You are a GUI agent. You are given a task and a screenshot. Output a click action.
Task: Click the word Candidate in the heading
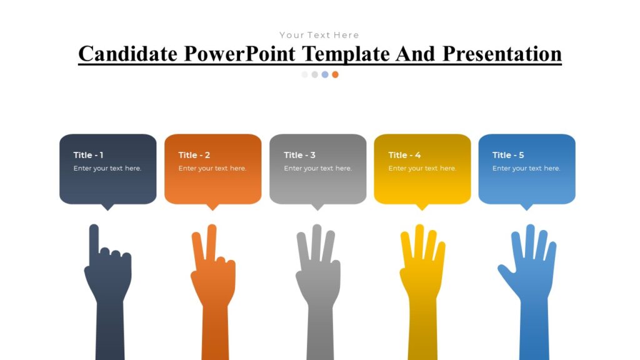pyautogui.click(x=128, y=54)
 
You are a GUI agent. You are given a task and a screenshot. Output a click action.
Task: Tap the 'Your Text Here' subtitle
pyautogui.click(x=319, y=35)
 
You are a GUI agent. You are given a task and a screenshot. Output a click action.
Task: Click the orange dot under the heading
pyautogui.click(x=335, y=74)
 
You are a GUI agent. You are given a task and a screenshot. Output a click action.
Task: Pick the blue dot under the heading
pyautogui.click(x=325, y=74)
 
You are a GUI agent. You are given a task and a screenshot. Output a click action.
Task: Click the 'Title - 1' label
pyautogui.click(x=88, y=155)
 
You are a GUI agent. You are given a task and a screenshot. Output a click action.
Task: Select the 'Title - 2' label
pyautogui.click(x=194, y=155)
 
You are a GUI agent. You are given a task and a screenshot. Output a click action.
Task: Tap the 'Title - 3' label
pyautogui.click(x=299, y=155)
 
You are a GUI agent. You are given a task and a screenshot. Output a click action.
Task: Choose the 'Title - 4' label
pyautogui.click(x=404, y=155)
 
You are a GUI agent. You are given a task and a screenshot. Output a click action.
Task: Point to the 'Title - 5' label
pyautogui.click(x=508, y=155)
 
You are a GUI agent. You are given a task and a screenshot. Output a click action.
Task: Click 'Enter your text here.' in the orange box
pyautogui.click(x=212, y=168)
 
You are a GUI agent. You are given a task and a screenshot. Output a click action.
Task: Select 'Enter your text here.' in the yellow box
pyautogui.click(x=422, y=168)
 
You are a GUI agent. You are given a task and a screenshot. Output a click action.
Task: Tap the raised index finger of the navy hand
pyautogui.click(x=94, y=241)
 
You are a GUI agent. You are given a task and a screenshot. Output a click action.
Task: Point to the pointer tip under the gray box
pyautogui.click(x=317, y=207)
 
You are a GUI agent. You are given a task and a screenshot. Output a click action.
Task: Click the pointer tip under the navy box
pyautogui.click(x=108, y=207)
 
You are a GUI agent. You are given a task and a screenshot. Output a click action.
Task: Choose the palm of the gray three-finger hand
pyautogui.click(x=318, y=278)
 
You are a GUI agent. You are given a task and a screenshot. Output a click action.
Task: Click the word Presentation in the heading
pyautogui.click(x=502, y=54)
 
